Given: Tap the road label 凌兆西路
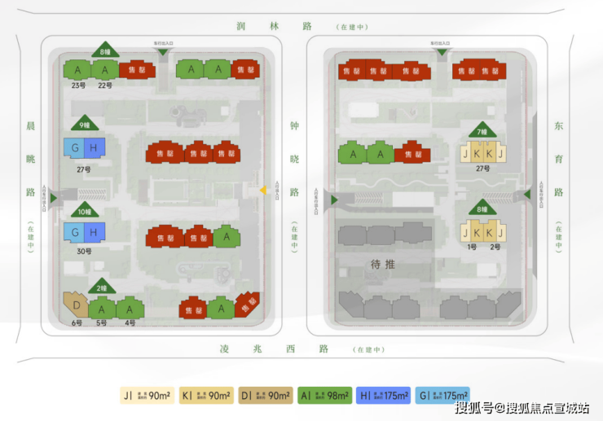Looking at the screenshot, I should (x=274, y=349).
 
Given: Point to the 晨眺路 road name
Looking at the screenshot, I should (x=30, y=160).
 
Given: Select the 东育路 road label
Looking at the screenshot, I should (x=558, y=160).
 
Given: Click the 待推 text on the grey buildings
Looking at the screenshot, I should (x=382, y=265).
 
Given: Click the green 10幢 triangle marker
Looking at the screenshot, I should (x=84, y=211).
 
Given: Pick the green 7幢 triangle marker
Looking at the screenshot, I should (x=482, y=131).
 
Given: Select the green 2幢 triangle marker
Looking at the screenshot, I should (x=103, y=287).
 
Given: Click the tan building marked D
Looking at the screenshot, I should (x=76, y=308).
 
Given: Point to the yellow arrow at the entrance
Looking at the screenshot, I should (x=263, y=190).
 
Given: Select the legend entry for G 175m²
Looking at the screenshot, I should (x=442, y=396).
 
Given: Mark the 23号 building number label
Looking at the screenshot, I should (x=78, y=85).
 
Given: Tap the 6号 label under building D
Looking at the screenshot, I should (x=76, y=323).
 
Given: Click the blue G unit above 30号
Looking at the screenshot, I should (x=75, y=233).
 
